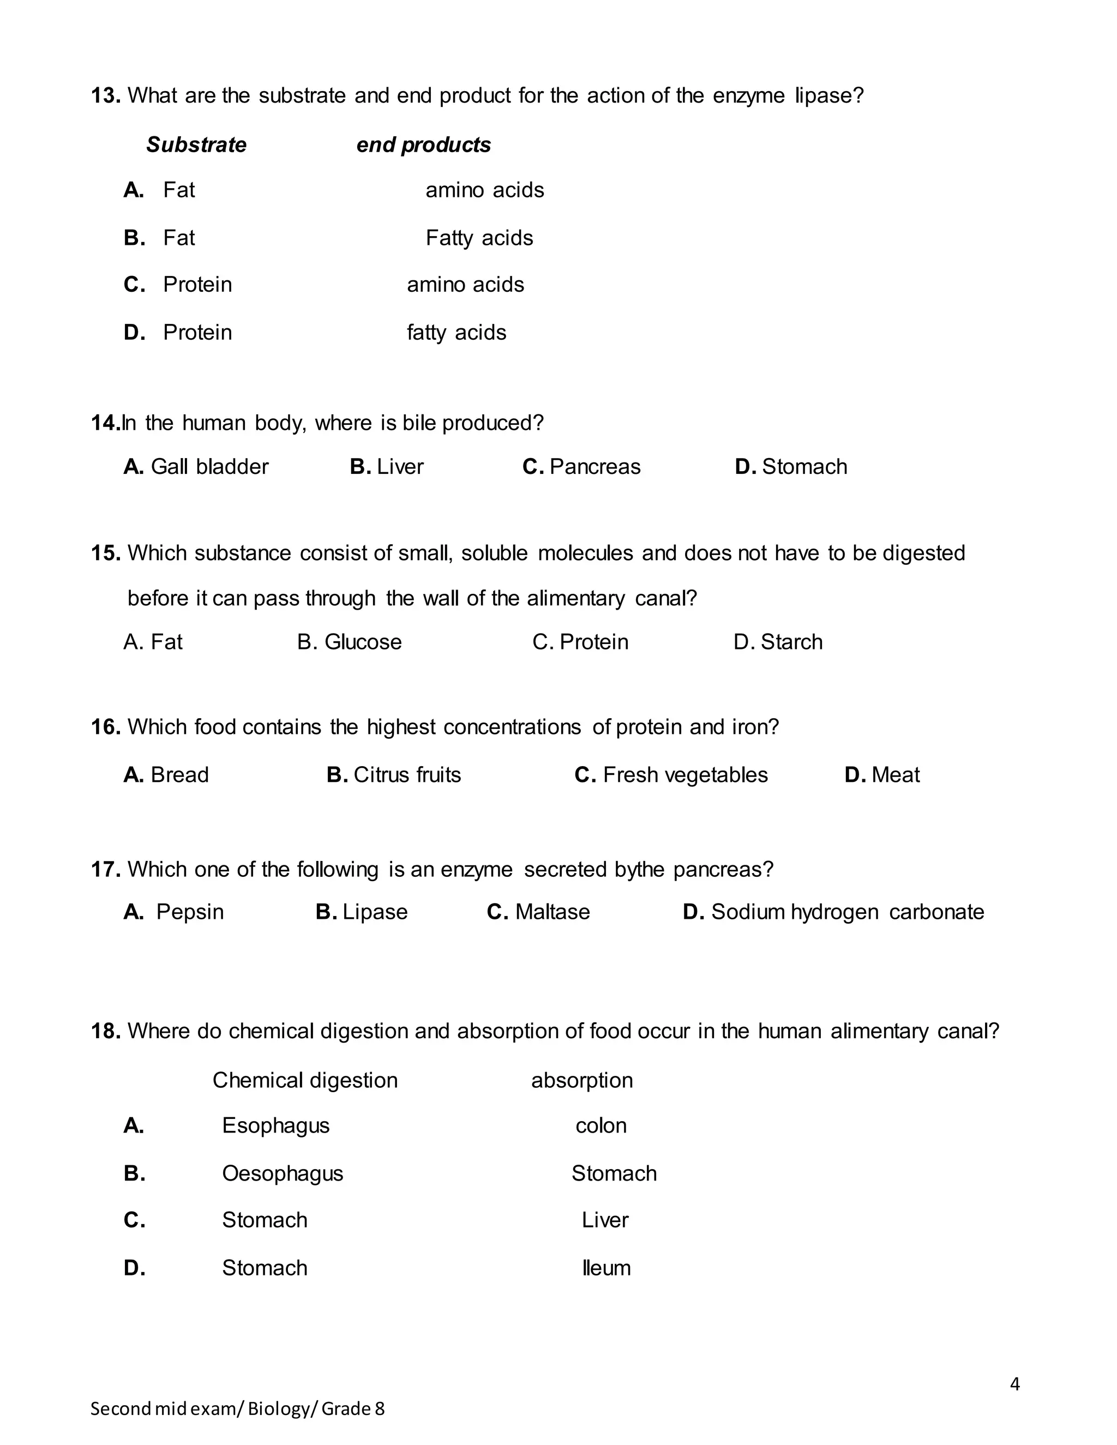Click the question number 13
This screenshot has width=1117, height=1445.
(105, 96)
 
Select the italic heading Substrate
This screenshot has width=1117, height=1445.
(196, 145)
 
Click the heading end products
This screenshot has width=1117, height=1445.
(423, 145)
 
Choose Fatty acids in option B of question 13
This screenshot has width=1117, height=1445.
(479, 238)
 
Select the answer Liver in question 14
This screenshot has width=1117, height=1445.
(400, 467)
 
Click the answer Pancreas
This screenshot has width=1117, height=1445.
(595, 467)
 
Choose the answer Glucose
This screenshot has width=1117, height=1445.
(363, 642)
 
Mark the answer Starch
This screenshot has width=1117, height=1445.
(791, 642)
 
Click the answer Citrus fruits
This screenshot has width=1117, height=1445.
(407, 775)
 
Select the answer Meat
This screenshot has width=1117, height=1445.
(896, 775)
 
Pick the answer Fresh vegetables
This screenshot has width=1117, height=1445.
(685, 775)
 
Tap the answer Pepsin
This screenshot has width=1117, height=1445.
(190, 912)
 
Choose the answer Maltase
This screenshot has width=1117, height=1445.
(552, 912)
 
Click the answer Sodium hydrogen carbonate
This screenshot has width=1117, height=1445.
(847, 912)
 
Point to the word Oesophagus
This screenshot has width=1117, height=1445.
(283, 1174)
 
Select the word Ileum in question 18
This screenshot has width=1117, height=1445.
(606, 1268)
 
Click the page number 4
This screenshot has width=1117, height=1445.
(1015, 1384)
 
